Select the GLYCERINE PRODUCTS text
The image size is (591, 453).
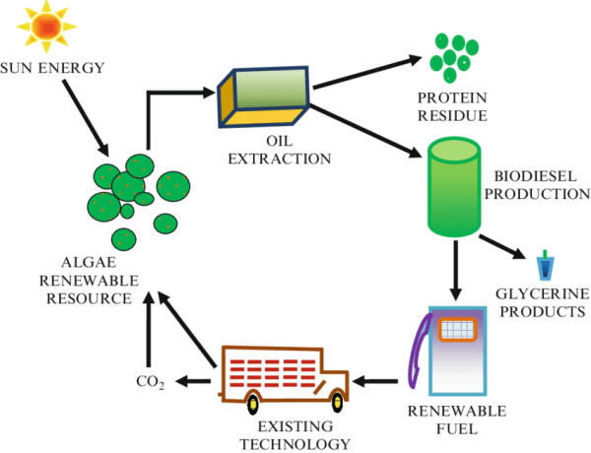point(541,302)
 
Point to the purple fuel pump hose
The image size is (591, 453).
point(416,355)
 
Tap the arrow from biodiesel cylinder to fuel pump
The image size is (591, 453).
point(456,270)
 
